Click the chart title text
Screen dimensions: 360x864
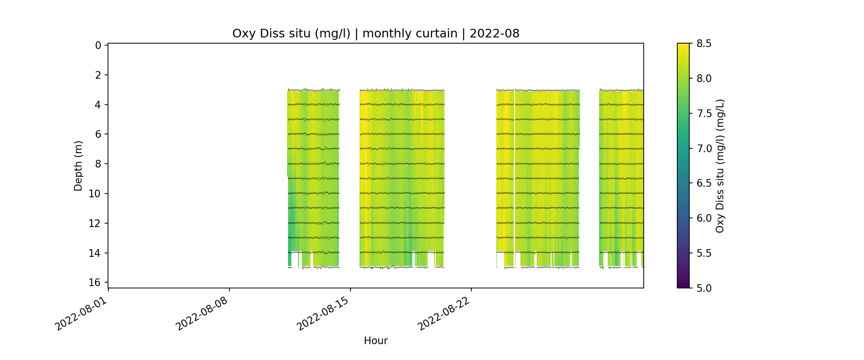click(375, 34)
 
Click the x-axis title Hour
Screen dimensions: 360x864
click(375, 341)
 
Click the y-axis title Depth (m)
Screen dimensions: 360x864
click(78, 166)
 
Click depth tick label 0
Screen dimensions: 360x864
click(98, 46)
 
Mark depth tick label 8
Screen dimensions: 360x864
click(98, 164)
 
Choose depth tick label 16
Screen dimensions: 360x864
click(96, 282)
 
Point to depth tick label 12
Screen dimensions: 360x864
click(96, 223)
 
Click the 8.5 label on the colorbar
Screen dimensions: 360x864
click(704, 44)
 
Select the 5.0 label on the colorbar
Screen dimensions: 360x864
click(704, 288)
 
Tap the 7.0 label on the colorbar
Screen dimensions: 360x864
click(704, 148)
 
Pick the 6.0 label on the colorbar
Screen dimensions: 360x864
click(704, 218)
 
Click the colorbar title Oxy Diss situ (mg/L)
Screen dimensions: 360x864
click(720, 166)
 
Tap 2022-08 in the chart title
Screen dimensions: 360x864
click(494, 34)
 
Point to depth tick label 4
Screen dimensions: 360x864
click(98, 105)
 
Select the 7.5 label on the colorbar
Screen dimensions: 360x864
click(704, 113)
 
